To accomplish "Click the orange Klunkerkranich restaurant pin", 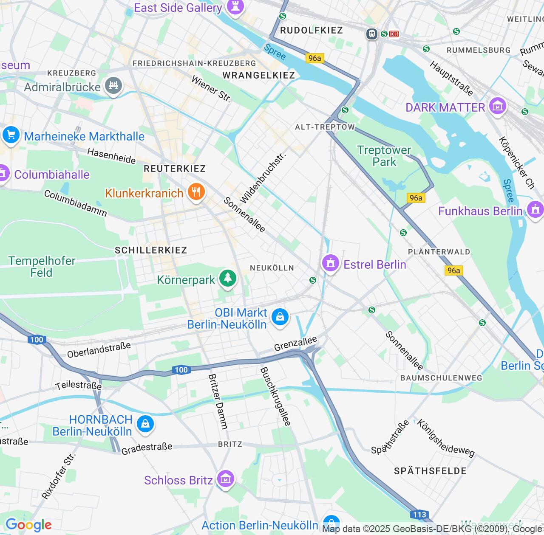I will (196, 192).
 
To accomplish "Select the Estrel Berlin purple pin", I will (331, 264).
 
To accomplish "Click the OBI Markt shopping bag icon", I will (280, 317).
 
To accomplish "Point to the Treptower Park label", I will (384, 156).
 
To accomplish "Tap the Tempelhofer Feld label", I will (42, 267).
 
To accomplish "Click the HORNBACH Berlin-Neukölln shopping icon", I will (145, 424).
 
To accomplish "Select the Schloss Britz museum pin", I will (225, 479).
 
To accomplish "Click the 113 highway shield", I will (419, 515).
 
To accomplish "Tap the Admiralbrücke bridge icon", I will (113, 86).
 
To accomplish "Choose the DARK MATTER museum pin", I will (497, 106).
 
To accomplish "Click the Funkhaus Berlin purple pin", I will (535, 209).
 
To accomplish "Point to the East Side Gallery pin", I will (235, 7).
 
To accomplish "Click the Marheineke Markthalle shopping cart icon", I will (11, 135).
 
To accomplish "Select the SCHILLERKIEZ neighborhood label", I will (151, 250).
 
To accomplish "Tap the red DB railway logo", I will (394, 34).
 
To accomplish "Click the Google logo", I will (28, 525).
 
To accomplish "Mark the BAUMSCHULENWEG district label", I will (441, 378).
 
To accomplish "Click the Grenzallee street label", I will (295, 344).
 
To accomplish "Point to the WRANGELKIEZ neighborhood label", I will (258, 76).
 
